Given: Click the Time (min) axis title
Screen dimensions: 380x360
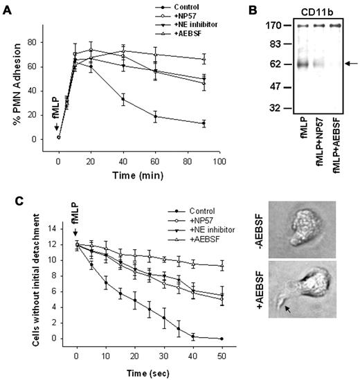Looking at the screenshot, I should point(138,172).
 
